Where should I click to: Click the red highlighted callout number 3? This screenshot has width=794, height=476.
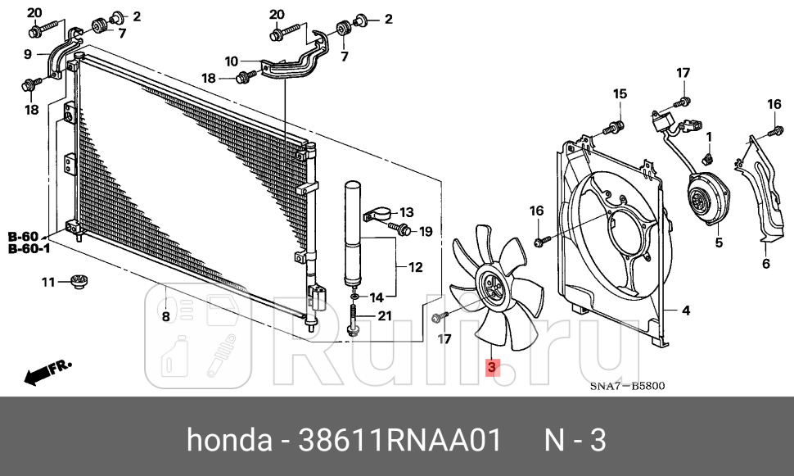(x=491, y=368)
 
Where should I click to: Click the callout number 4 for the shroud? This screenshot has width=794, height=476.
(x=686, y=311)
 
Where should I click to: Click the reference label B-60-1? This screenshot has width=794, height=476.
(x=29, y=248)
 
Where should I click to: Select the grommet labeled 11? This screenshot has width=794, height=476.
(x=79, y=283)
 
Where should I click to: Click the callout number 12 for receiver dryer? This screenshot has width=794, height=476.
(x=415, y=266)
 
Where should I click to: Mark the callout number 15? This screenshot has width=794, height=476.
(x=620, y=93)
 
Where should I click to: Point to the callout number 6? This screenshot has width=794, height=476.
(x=766, y=263)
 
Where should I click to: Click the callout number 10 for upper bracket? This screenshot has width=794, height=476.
(x=231, y=61)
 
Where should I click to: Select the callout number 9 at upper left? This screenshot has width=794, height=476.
(x=27, y=54)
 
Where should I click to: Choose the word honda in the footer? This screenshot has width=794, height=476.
(x=229, y=441)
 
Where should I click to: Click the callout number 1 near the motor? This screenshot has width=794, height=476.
(x=709, y=136)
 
